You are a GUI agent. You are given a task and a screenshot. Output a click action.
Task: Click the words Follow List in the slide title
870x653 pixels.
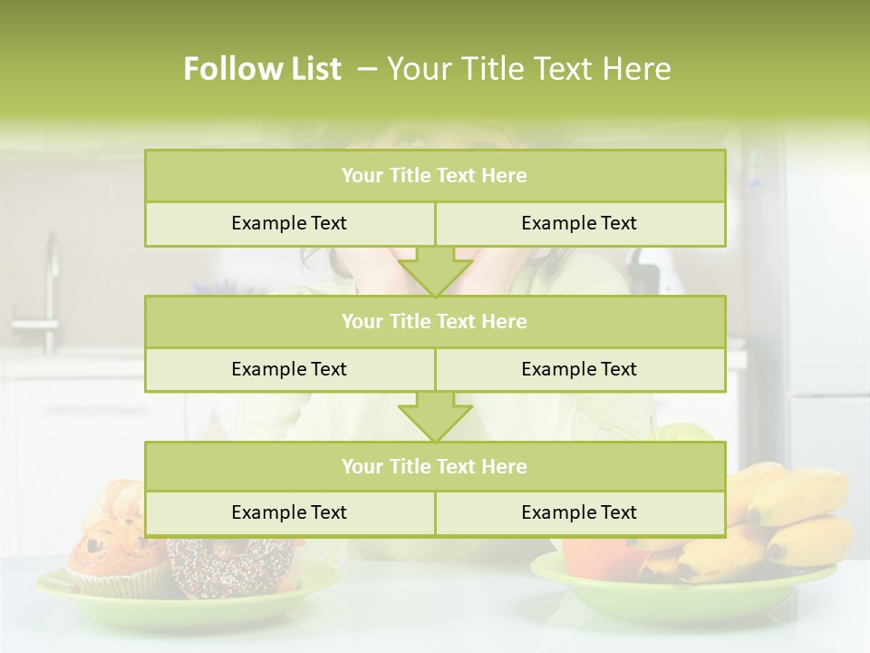262,69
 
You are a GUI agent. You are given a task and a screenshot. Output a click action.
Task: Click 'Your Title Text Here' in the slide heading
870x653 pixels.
529,69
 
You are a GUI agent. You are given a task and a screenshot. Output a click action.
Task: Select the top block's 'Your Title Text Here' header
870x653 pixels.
434,176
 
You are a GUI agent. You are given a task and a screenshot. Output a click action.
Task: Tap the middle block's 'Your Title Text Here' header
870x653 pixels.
434,321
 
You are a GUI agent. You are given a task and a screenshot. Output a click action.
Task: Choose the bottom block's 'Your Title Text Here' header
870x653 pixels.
434,466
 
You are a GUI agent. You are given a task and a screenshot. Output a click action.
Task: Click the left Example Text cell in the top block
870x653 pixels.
289,223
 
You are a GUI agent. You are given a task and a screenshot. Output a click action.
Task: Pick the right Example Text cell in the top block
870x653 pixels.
579,223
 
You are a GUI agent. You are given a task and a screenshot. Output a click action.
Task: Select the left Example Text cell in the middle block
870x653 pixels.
289,369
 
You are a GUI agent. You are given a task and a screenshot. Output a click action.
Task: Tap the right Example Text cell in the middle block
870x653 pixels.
579,369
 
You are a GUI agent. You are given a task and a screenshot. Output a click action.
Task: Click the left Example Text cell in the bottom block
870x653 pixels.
289,512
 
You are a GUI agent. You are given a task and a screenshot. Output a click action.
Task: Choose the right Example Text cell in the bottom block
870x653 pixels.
579,512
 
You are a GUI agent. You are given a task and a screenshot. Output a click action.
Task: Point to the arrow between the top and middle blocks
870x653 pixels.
435,271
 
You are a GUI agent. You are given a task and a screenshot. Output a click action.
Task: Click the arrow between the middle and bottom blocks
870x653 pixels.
435,416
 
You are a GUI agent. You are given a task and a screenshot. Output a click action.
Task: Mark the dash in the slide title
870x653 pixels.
368,69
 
